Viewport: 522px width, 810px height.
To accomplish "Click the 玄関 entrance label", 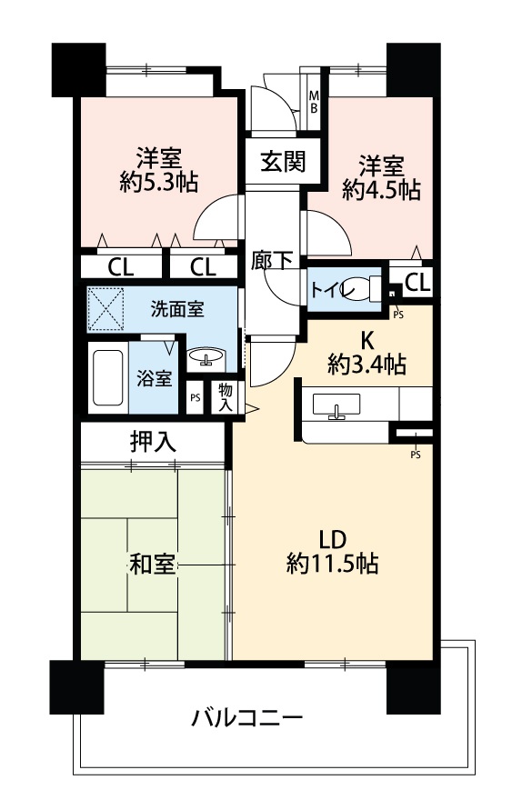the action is click(282, 162).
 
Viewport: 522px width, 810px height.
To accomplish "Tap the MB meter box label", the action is click(314, 103).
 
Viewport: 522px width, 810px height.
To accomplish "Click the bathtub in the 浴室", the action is click(108, 377).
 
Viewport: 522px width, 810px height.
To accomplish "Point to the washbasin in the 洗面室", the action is click(206, 356).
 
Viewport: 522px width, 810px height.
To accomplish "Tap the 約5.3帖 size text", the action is click(158, 181).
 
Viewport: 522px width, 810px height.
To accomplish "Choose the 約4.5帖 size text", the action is click(381, 190).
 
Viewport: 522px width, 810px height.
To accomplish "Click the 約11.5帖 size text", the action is click(332, 562).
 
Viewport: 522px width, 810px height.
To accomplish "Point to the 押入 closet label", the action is click(153, 442).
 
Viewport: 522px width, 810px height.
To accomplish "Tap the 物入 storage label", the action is click(226, 396).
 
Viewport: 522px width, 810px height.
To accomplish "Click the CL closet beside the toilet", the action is click(417, 283).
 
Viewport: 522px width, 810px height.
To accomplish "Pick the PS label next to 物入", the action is click(195, 398).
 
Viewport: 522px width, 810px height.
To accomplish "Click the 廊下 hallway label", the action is click(272, 260).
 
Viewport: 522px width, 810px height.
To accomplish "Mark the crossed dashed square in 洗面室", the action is click(106, 308).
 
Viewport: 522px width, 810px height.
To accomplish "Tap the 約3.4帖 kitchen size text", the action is click(366, 365).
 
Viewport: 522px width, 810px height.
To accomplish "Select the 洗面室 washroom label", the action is click(177, 309).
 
